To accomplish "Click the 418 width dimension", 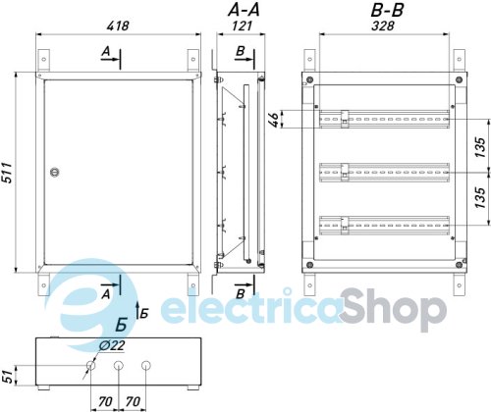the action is [x=118, y=26].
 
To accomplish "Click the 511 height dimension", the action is [x=7, y=173].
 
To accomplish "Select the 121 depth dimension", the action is [x=242, y=26].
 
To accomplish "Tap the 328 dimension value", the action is [x=383, y=26].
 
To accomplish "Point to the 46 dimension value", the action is [x=274, y=120].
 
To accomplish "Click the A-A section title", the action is [x=244, y=10].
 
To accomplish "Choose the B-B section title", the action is [x=387, y=10].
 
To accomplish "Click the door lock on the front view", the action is [x=54, y=173].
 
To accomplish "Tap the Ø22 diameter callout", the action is [x=112, y=345].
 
